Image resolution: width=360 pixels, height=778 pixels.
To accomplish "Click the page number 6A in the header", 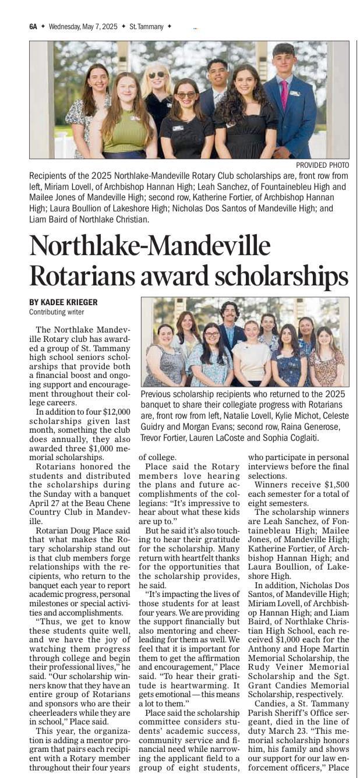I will point(33,26).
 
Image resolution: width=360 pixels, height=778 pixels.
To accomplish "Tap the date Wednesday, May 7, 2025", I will point(83,26).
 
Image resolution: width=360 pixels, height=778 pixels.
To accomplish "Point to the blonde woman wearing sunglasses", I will point(157,93).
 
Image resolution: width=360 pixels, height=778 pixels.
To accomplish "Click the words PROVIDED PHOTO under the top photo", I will point(323,165).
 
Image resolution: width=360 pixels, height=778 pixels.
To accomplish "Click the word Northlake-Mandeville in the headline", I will point(150,246).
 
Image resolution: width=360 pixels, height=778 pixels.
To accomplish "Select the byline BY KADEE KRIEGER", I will point(63,302).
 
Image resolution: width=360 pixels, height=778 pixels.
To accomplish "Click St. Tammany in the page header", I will point(146,26).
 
